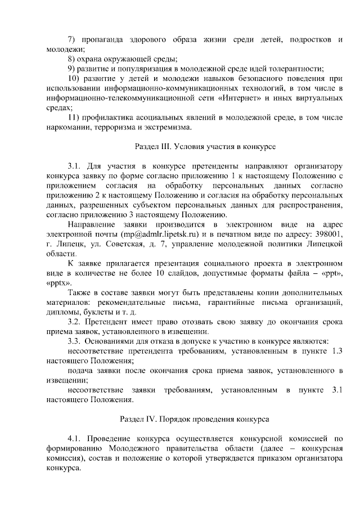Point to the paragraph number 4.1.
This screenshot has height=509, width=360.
pos(74,439)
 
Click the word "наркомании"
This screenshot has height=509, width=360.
pos(68,127)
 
